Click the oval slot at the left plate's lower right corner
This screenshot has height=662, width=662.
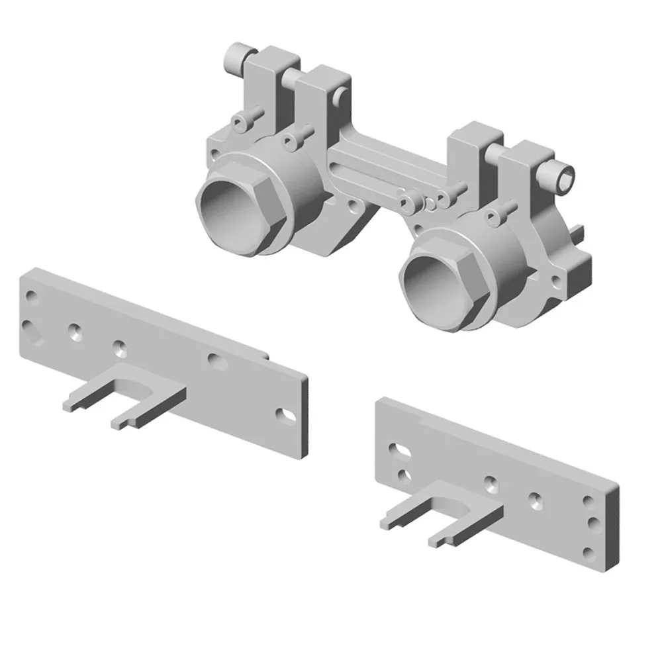click(285, 413)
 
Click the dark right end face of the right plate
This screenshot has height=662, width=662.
click(614, 530)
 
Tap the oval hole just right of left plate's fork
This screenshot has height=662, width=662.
click(215, 361)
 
